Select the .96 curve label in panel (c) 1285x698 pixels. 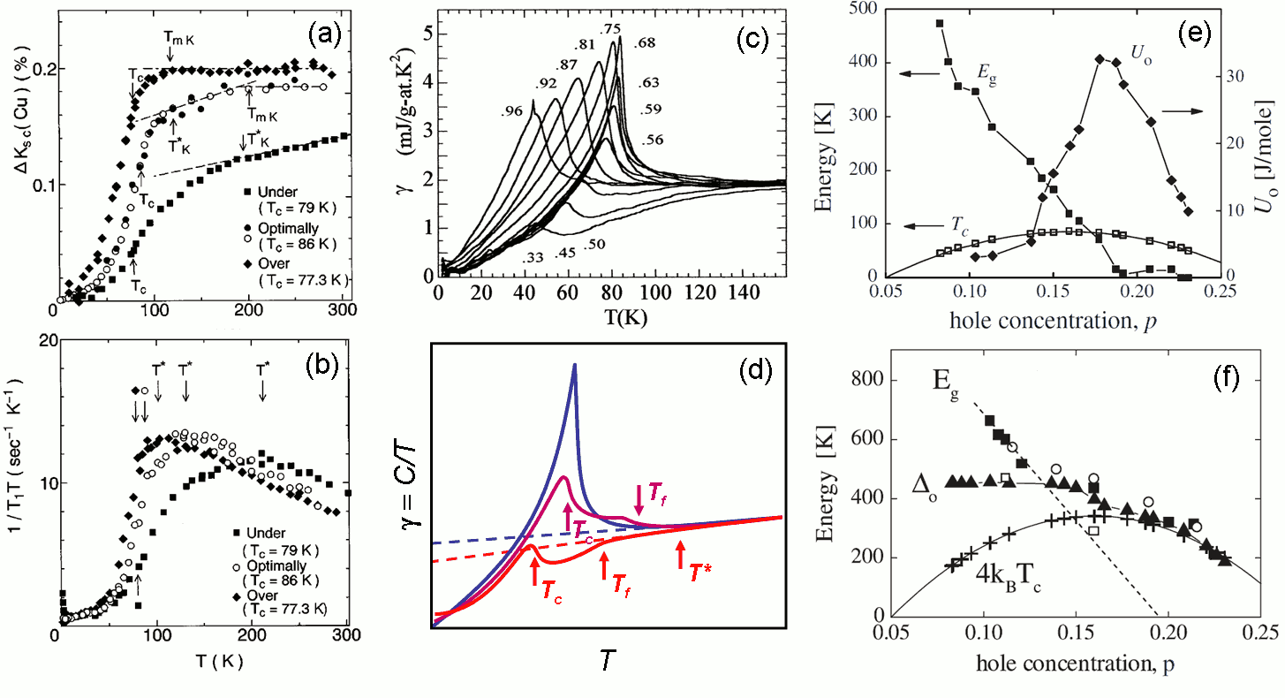[512, 111]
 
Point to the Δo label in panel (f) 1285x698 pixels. [926, 482]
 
